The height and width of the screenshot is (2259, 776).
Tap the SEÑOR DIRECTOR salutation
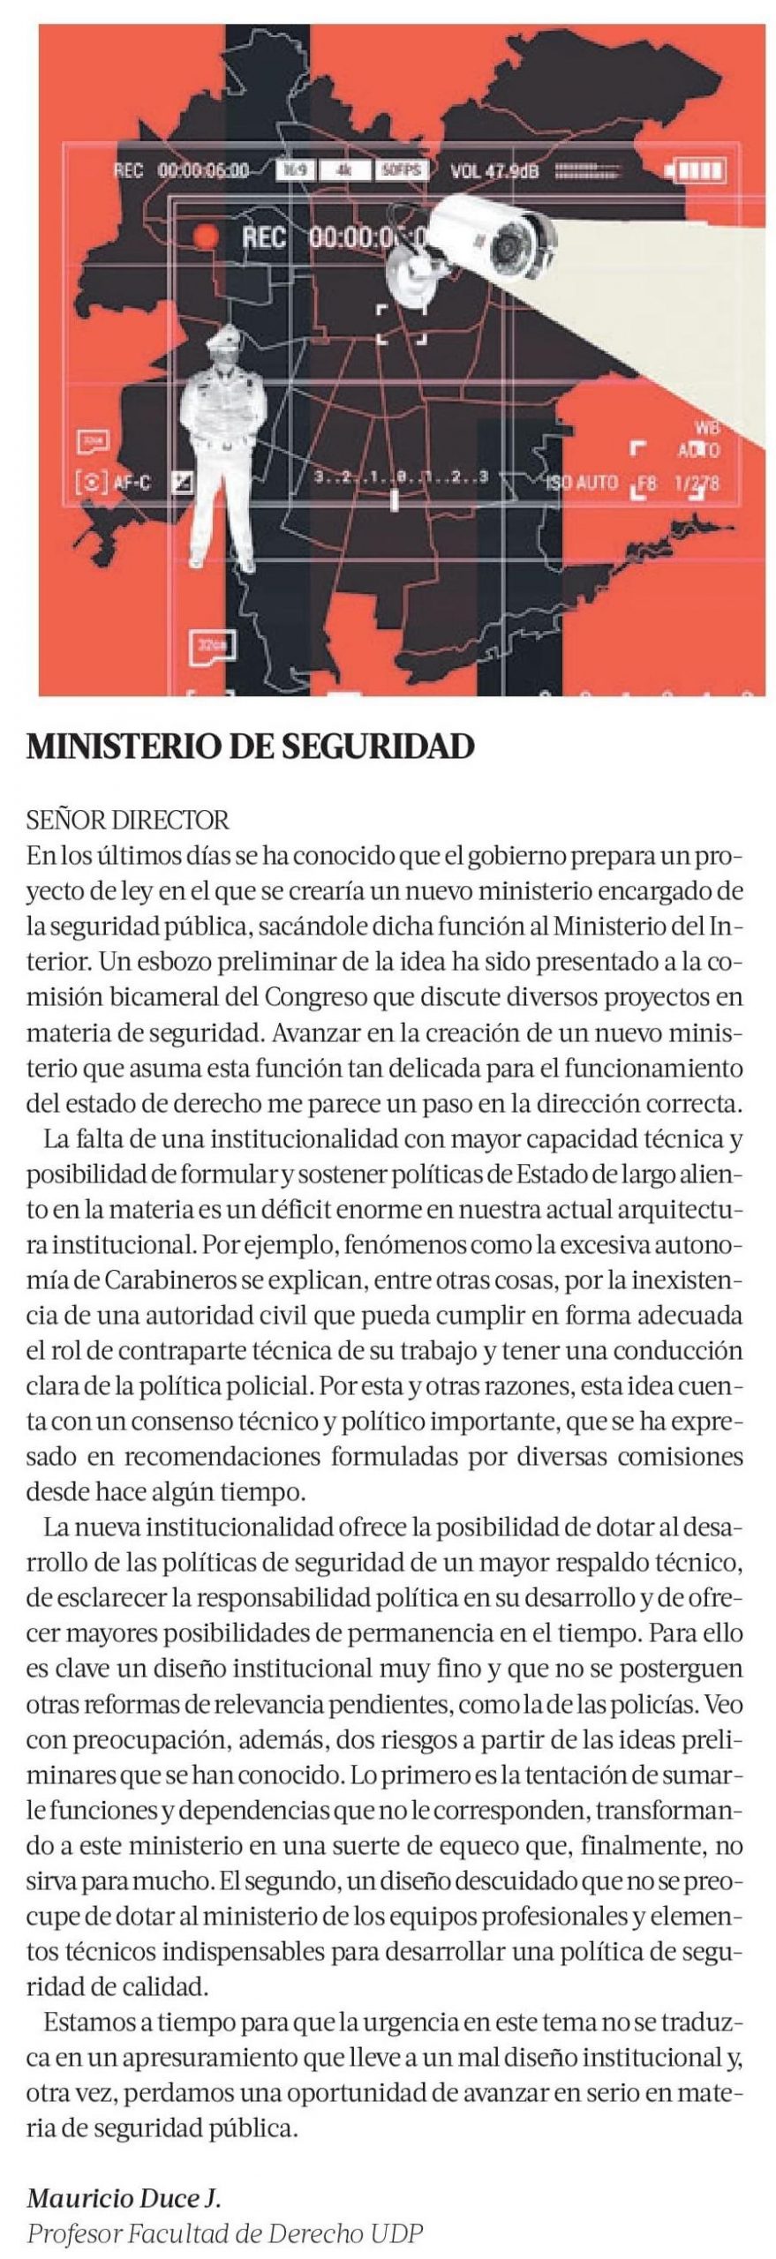[128, 821]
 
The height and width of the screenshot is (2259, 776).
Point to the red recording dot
[206, 236]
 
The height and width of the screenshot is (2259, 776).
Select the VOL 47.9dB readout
[494, 171]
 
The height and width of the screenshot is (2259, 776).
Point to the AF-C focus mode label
[132, 483]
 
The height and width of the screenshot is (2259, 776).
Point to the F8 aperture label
[647, 483]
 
